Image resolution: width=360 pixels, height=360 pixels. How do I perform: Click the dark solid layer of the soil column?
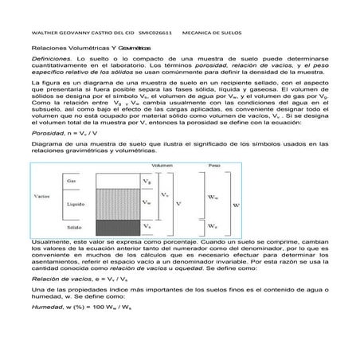pyautogui.click(x=118, y=226)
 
